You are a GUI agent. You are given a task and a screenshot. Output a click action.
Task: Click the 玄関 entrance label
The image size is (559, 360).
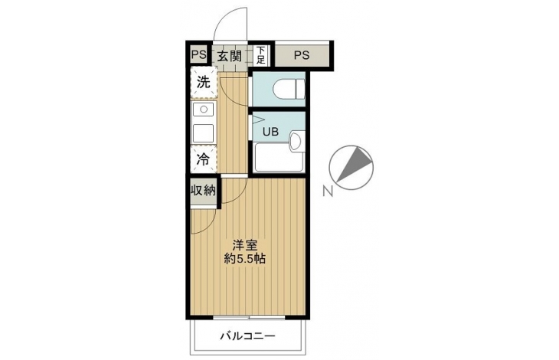pyautogui.click(x=229, y=56)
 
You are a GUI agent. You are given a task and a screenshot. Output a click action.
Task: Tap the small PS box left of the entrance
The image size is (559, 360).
pyautogui.click(x=198, y=55)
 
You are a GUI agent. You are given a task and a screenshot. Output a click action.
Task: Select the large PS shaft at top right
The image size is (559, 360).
pyautogui.click(x=302, y=55)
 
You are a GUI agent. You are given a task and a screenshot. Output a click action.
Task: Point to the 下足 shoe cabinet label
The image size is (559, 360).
pyautogui.click(x=261, y=56)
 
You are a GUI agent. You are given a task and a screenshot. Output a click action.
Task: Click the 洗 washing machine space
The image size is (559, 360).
pyautogui.click(x=204, y=83)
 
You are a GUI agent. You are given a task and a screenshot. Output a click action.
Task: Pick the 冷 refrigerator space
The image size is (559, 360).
pyautogui.click(x=204, y=159)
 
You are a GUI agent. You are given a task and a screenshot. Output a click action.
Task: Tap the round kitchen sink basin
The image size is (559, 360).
pyautogui.click(x=204, y=110)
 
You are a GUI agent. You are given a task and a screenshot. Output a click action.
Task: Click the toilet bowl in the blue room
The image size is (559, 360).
pyautogui.click(x=289, y=88)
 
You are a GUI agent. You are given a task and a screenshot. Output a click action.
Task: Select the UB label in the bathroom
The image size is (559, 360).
pyautogui.click(x=270, y=132)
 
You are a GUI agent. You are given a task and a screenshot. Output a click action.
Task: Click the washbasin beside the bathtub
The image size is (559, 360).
pyautogui.click(x=296, y=142)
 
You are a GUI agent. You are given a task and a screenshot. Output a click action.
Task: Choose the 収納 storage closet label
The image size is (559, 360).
pyautogui.click(x=204, y=191)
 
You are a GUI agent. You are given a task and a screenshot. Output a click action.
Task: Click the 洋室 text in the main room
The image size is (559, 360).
pyautogui.click(x=244, y=246)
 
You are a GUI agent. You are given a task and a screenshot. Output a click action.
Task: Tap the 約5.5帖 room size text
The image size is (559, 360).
pyautogui.click(x=244, y=258)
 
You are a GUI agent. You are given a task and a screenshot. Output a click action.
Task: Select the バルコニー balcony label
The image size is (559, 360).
pyautogui.click(x=248, y=336)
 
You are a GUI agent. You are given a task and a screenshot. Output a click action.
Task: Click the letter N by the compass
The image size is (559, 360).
pyautogui.click(x=328, y=191)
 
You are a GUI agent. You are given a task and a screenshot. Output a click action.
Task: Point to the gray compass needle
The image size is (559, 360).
pyautogui.click(x=354, y=163)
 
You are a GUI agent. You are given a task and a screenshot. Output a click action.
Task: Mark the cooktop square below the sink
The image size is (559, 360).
pyautogui.click(x=204, y=133)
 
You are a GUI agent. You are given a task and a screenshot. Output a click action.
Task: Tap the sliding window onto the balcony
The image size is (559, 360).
pyautogui.click(x=249, y=317)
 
